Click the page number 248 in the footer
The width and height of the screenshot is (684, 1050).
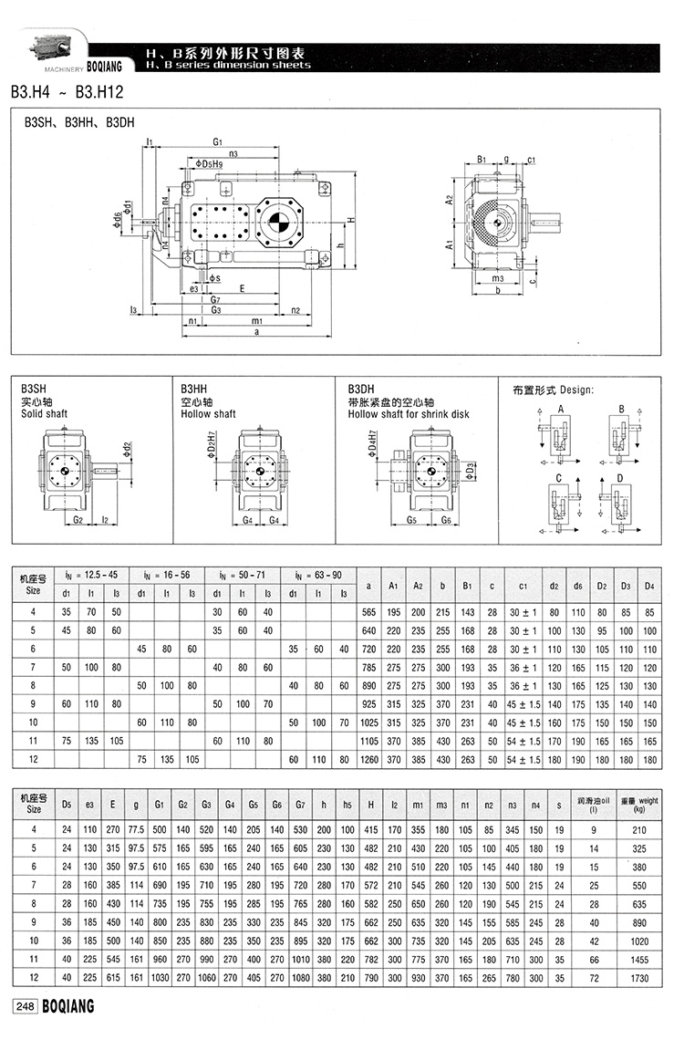(24, 1006)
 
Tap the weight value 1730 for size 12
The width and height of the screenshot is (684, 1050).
(639, 978)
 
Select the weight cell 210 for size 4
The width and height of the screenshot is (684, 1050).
(639, 829)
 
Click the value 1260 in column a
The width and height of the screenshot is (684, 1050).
(368, 759)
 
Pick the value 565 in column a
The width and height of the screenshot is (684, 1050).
(368, 611)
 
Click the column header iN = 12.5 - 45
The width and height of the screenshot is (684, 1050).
(91, 574)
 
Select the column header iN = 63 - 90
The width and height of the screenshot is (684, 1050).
(317, 574)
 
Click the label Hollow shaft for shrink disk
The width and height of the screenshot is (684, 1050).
(409, 414)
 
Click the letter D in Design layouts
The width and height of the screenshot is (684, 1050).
(620, 477)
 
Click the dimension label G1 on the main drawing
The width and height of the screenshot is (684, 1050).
(217, 141)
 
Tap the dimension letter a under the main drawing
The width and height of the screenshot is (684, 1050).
(257, 334)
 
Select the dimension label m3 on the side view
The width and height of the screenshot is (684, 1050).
(497, 277)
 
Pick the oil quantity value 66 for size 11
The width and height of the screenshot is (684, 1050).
(594, 960)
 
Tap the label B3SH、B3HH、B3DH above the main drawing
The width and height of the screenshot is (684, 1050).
(78, 120)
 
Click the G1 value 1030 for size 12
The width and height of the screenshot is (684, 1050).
(160, 978)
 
